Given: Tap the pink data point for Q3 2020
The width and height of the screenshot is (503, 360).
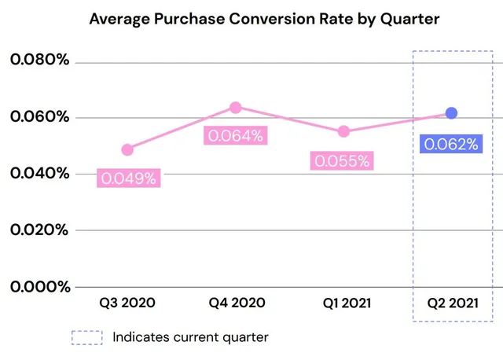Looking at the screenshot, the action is [x=127, y=149].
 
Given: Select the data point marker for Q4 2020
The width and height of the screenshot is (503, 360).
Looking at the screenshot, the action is [x=236, y=108].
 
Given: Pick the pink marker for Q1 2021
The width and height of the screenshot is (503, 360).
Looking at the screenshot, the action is [x=343, y=131].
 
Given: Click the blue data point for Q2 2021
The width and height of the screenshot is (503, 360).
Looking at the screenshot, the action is [x=451, y=113].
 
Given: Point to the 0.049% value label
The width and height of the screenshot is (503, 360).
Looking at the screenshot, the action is [x=129, y=178].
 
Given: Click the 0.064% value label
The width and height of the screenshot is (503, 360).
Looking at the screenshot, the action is [x=236, y=135].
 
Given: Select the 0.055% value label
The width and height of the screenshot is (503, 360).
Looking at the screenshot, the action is [x=342, y=160].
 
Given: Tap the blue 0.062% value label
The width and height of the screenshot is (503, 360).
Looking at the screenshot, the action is [x=451, y=144].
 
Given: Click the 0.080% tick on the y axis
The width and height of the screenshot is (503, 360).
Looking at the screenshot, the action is [x=40, y=60].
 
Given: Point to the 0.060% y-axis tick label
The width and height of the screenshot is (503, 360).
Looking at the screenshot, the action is [x=40, y=116].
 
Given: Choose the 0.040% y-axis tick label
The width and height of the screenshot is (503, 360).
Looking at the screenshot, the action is [x=40, y=173].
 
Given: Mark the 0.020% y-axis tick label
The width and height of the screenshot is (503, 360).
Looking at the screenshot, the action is [x=39, y=230].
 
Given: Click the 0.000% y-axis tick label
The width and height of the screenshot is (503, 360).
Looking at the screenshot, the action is [x=40, y=287].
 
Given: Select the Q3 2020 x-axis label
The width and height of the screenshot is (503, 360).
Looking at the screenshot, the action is [x=127, y=303].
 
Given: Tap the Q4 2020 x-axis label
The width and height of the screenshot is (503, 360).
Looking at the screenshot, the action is [x=237, y=303].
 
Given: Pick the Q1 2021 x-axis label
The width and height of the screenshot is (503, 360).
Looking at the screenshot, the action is [x=347, y=303].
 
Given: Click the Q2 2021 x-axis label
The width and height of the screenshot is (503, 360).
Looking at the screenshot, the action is [x=453, y=303].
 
